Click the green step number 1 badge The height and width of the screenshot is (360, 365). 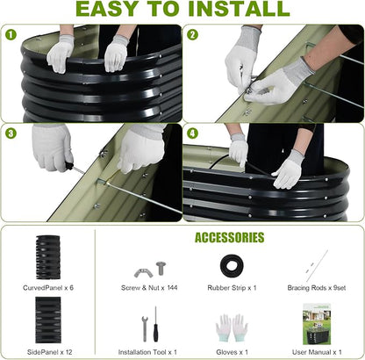11,35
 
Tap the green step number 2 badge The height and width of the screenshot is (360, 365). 192,35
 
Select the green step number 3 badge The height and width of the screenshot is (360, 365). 11,133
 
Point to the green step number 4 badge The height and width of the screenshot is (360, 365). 192,133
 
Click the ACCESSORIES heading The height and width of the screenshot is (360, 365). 230,238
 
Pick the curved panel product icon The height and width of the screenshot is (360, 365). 48,257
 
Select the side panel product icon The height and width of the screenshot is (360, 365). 48,320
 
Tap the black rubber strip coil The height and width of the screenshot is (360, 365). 232,266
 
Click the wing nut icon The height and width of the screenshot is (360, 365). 143,273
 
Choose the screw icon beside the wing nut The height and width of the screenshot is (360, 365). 161,268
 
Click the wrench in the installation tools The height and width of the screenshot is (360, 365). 144,328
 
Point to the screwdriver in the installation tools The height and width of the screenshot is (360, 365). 155,324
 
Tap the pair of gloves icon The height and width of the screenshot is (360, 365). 232,328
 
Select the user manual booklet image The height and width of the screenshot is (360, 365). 317,324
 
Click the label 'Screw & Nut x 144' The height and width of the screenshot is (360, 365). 149,288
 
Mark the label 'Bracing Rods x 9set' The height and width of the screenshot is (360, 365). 317,288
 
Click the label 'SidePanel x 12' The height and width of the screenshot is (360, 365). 49,352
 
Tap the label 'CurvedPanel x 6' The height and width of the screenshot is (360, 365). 48,288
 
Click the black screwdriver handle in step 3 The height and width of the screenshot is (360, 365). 69,166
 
